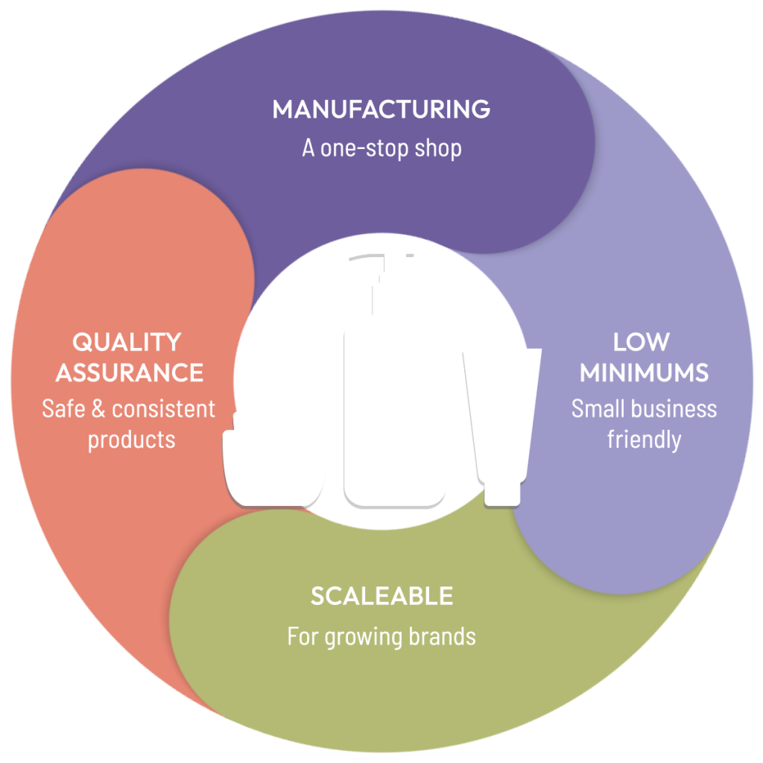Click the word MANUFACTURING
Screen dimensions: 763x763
(x=381, y=110)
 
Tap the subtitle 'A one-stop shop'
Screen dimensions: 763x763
(x=381, y=148)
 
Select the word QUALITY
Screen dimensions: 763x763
(x=127, y=342)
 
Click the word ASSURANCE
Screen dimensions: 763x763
(x=130, y=372)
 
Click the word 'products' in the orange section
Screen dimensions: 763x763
(x=131, y=440)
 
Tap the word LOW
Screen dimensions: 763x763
(x=641, y=342)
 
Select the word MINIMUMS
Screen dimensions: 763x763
(x=644, y=372)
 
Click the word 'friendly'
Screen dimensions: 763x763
(x=644, y=440)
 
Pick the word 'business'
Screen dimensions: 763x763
(x=671, y=409)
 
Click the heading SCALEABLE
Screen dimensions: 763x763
(x=381, y=596)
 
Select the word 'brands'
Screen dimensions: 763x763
(x=442, y=637)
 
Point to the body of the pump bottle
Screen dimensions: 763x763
(x=395, y=410)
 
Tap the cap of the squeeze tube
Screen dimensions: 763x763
(x=501, y=493)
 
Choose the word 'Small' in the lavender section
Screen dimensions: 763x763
(x=595, y=409)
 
